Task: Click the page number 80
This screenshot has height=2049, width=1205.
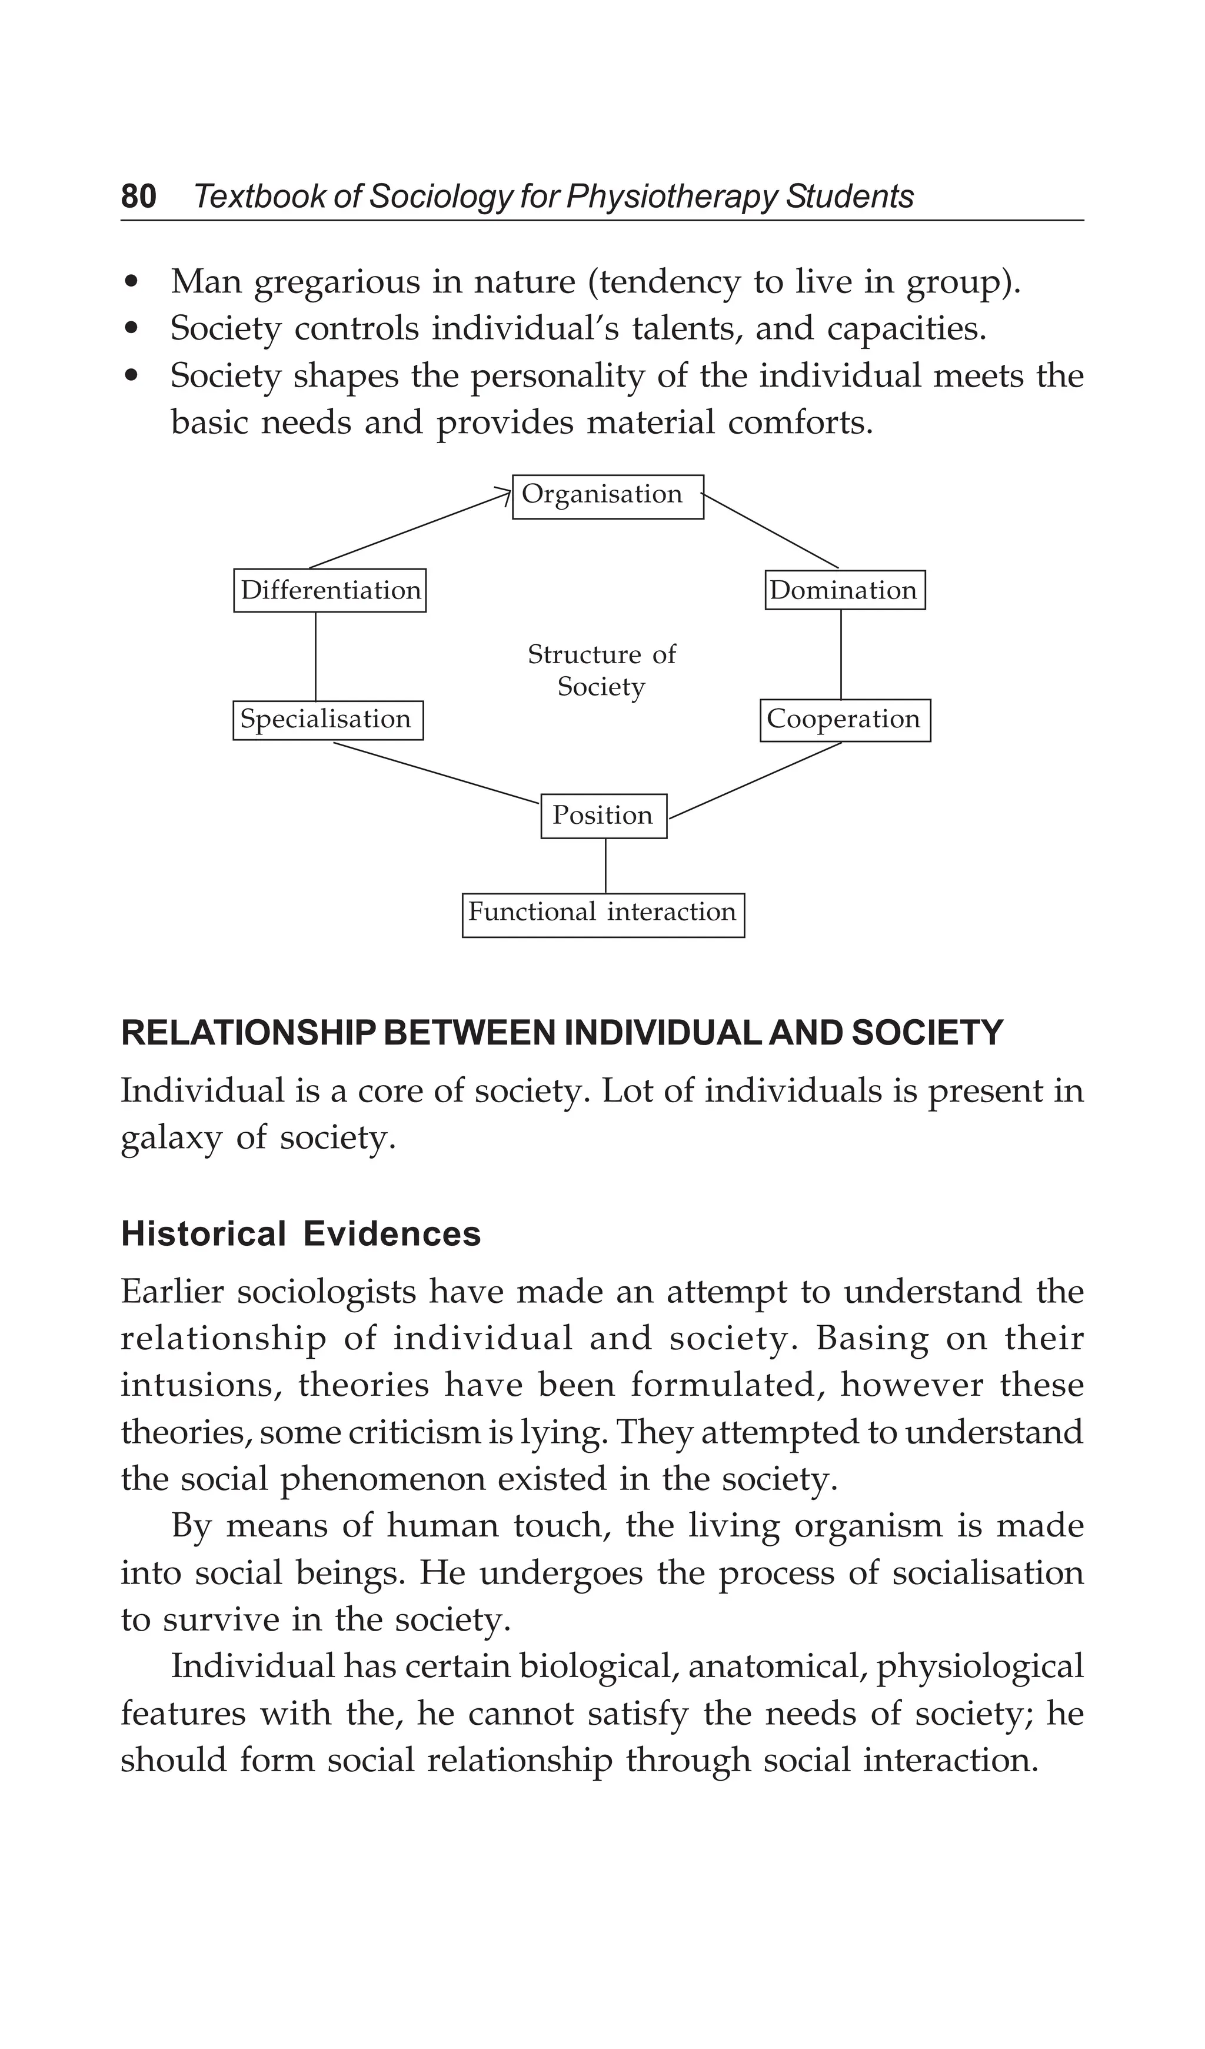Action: pos(138,197)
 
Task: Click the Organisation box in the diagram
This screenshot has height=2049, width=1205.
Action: pos(607,496)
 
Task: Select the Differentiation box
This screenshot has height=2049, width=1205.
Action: pos(329,590)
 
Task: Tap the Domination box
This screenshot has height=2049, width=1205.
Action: pos(845,590)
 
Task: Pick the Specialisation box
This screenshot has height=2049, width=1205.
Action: pos(328,720)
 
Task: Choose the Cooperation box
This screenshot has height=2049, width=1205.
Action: pos(845,720)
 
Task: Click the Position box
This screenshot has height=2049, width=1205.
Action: pos(603,816)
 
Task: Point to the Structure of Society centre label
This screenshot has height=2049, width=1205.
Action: pos(602,670)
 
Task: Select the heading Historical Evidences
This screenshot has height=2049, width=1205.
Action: pos(301,1233)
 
